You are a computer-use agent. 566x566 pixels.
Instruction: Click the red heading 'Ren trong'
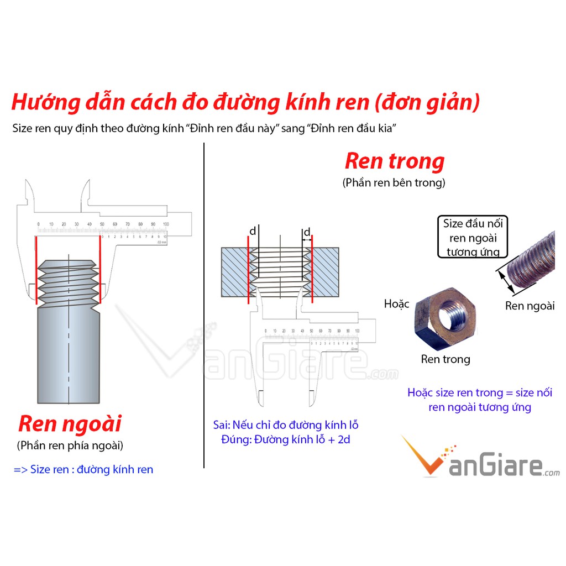click(x=394, y=161)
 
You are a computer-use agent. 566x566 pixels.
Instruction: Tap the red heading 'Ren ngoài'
click(x=70, y=424)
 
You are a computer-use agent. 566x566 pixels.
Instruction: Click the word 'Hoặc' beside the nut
click(x=396, y=303)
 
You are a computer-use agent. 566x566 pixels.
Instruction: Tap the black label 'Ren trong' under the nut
click(x=446, y=359)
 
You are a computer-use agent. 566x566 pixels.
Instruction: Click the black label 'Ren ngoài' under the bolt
click(x=530, y=306)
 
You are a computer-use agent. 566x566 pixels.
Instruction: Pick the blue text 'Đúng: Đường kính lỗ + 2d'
click(x=286, y=440)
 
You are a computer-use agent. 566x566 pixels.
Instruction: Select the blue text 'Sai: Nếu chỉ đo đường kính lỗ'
click(x=286, y=425)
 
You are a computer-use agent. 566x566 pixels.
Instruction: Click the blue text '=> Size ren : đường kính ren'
click(x=83, y=470)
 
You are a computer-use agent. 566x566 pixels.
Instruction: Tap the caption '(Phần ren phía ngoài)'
click(x=70, y=445)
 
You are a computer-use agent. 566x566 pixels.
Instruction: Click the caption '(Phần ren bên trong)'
click(x=394, y=182)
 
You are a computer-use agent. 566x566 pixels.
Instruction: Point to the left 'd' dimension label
click(x=253, y=232)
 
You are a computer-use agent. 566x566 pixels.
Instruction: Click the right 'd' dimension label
click(x=307, y=232)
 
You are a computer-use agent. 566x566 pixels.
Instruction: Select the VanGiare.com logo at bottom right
click(x=480, y=458)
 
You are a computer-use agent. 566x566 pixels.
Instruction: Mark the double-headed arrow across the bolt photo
click(x=504, y=280)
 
